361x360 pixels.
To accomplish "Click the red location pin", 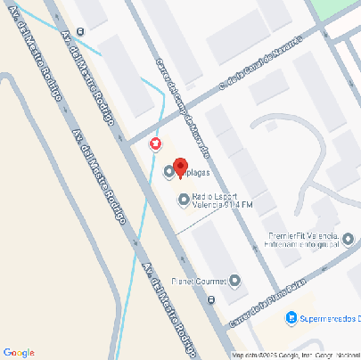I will pos(179,167).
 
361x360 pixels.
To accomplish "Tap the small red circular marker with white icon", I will pos(156,143).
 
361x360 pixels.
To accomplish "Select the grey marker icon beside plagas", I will pos(168,173).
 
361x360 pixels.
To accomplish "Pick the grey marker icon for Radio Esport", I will pos(184,200).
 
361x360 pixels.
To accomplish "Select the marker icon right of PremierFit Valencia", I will pos(349,238).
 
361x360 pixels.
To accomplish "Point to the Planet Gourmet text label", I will pos(201,282).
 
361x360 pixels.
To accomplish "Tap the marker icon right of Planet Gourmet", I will pos(235,282).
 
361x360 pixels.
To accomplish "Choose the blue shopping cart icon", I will pos(291,317).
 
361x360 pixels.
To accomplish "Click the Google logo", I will pos(19,352).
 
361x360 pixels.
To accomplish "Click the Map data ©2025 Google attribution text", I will pos(267,355).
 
